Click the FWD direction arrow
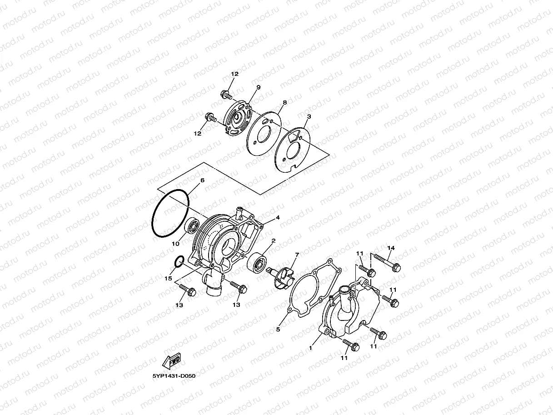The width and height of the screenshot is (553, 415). (172, 362)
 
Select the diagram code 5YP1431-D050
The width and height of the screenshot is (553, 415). (174, 376)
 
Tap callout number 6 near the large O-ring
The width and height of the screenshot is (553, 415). (202, 180)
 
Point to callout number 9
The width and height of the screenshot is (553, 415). (258, 87)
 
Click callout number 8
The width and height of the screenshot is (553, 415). (285, 103)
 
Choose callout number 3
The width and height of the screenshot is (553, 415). (309, 117)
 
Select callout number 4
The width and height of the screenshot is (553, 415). (277, 217)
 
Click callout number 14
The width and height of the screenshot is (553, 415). (391, 248)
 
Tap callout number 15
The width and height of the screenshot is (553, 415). (169, 278)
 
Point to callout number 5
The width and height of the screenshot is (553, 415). (278, 328)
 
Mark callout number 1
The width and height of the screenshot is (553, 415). (311, 348)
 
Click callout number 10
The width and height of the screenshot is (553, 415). (175, 244)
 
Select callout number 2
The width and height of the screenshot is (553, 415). (273, 240)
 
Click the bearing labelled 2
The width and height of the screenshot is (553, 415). (258, 262)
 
